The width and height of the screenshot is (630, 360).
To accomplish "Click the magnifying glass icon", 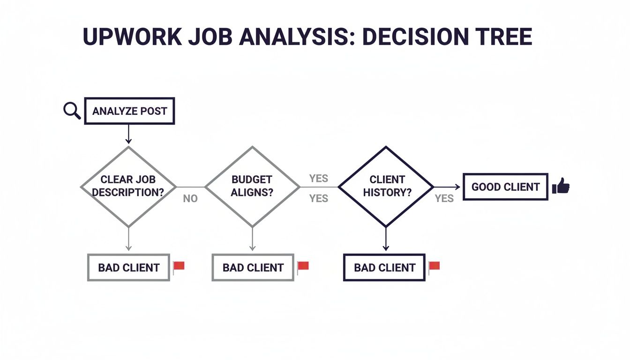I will (x=72, y=111).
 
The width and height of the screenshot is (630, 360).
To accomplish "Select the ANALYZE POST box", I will (x=129, y=111).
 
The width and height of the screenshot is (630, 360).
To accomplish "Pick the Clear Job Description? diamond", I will (x=128, y=186).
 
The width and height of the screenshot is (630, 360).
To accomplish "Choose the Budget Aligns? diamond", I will (x=252, y=186).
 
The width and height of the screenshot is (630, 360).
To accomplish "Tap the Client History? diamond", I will (x=386, y=186).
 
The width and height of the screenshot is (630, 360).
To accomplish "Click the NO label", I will (x=190, y=199).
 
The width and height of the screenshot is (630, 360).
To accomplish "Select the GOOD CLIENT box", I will (x=505, y=187).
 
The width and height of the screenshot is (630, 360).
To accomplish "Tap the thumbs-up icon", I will (x=561, y=186).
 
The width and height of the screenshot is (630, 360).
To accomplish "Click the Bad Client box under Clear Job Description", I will (x=129, y=268).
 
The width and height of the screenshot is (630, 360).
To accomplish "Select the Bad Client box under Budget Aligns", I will (x=253, y=268).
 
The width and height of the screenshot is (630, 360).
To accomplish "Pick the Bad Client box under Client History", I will (x=384, y=268).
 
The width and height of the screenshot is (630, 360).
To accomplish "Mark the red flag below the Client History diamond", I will (x=434, y=267).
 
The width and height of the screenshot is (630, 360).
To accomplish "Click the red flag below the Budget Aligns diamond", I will (x=303, y=267).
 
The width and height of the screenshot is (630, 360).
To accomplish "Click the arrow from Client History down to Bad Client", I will (x=386, y=240).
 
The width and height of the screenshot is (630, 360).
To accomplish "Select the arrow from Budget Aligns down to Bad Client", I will (x=252, y=240).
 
